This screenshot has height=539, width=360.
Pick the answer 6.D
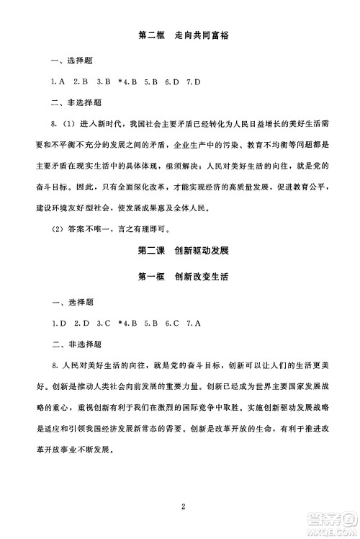[x=170, y=81]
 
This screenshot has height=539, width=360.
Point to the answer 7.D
[x=192, y=81]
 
